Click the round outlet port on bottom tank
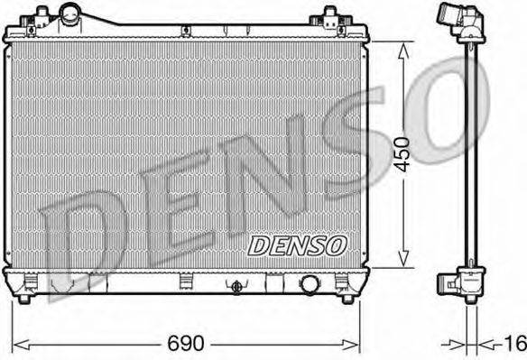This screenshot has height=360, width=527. [x=310, y=285]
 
